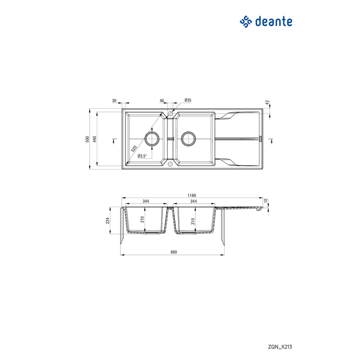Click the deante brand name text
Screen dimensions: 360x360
point(274,22)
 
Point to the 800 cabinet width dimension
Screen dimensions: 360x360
point(174,252)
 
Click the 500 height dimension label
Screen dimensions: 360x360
point(87,139)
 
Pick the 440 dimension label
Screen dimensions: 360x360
point(94,139)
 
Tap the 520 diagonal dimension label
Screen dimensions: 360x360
point(134,149)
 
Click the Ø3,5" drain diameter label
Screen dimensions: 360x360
point(142,156)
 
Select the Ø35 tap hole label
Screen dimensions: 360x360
point(188,100)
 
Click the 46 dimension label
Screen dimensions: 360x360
point(162,101)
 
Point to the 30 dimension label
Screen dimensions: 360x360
point(114,101)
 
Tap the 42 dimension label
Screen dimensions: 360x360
point(267,103)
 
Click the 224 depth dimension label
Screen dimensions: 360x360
point(107,221)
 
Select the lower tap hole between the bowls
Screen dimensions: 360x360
point(170,164)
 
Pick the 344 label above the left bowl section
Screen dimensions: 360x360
point(146,201)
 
